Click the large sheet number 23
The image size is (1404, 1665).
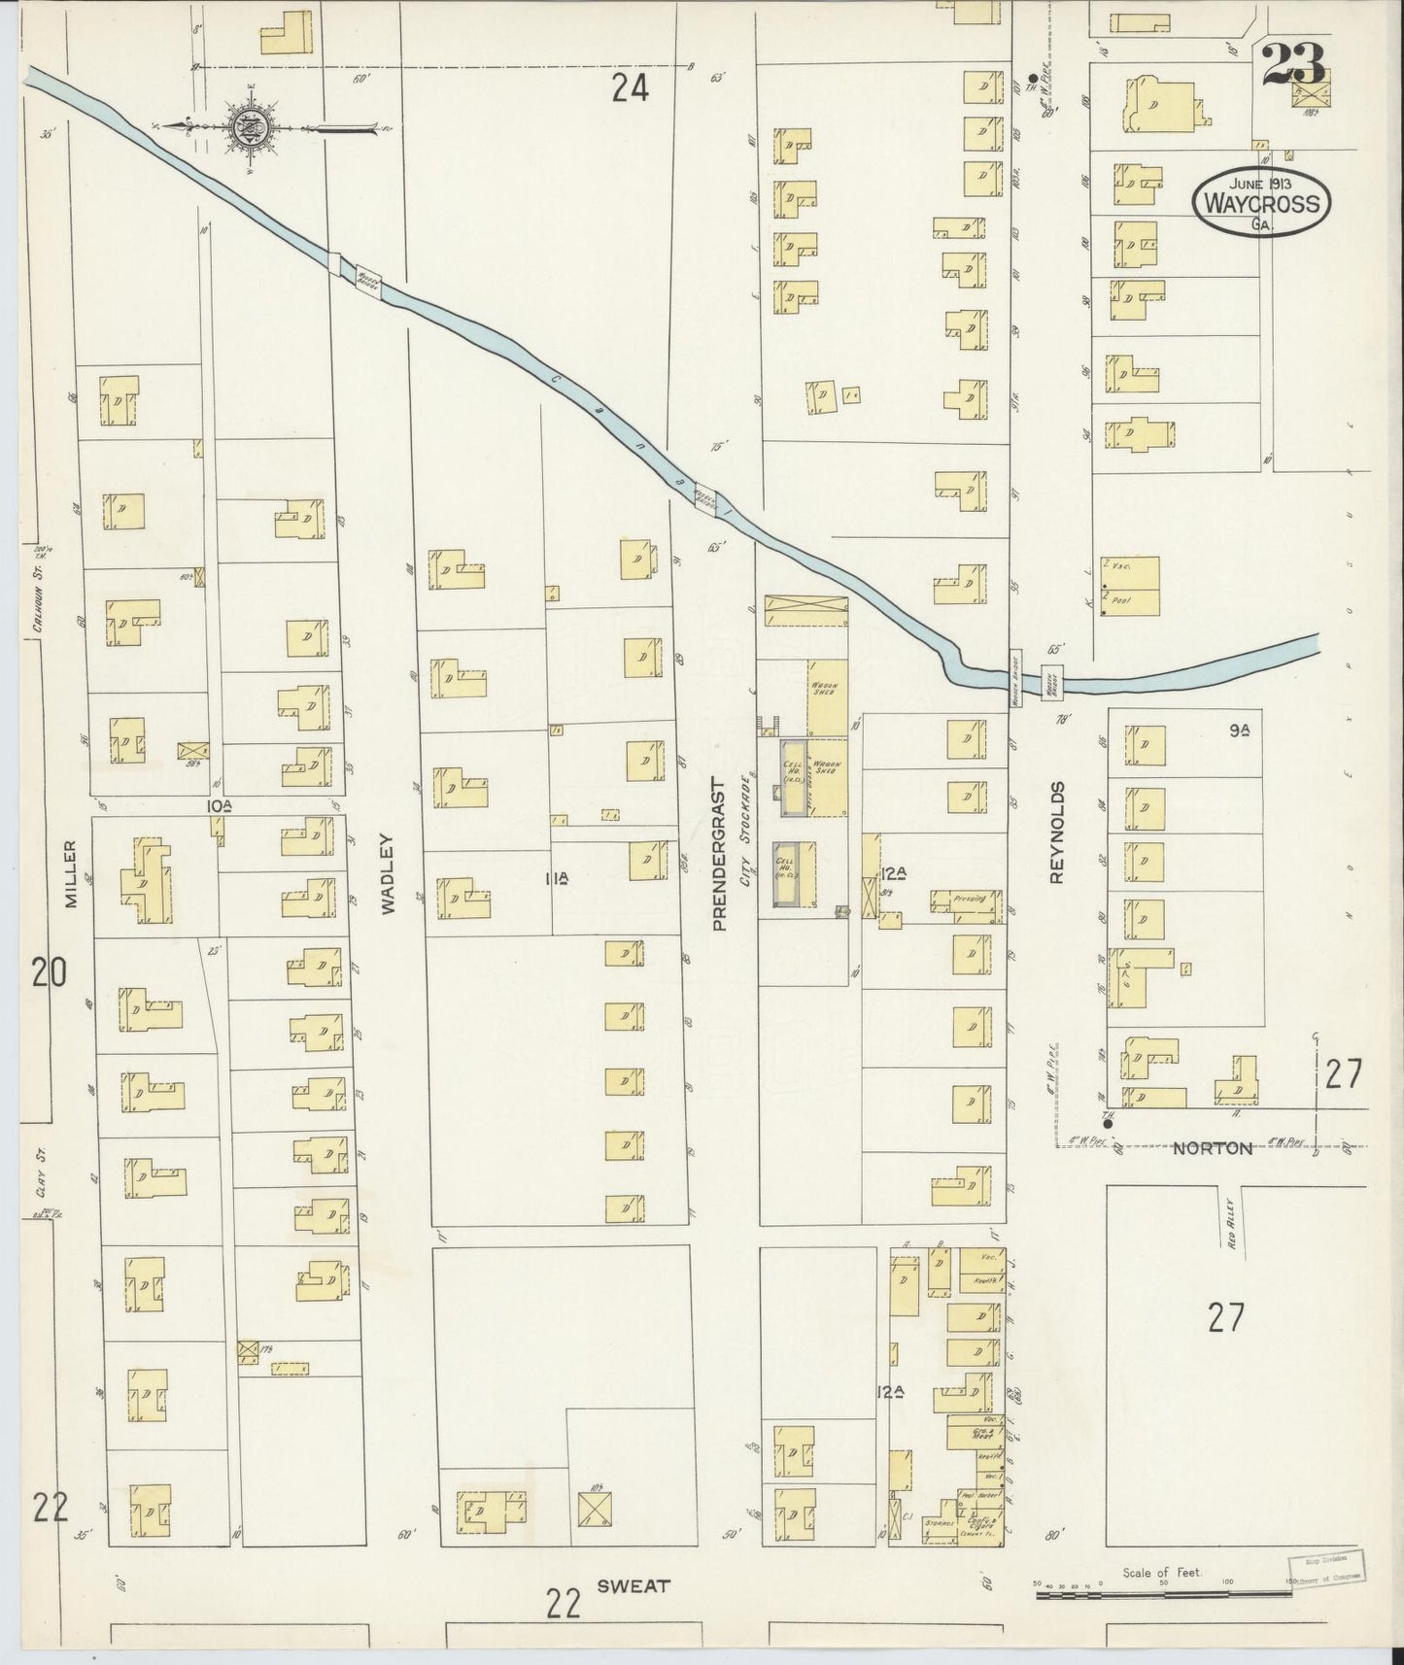coord(1294,65)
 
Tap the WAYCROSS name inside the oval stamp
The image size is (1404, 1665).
coord(1262,204)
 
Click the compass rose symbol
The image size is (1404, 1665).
coord(248,126)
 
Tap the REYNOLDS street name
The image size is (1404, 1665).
coord(1057,832)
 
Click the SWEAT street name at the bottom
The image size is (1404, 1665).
coord(634,1585)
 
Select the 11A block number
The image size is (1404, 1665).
coord(557,879)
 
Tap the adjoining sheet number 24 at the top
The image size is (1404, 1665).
coord(630,89)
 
